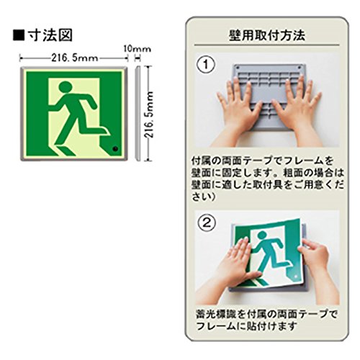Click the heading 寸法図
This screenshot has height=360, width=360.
point(50,35)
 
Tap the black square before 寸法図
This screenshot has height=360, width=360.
point(19,35)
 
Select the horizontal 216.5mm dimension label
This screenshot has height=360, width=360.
point(75,58)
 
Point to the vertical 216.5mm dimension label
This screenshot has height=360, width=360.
point(149,114)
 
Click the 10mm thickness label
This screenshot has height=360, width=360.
point(138,49)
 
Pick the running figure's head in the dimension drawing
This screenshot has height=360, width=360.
point(66,87)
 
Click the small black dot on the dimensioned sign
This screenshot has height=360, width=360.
point(115,149)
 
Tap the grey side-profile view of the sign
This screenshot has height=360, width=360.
point(138,113)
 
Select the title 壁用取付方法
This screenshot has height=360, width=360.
point(267,35)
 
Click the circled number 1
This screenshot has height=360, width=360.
point(206,64)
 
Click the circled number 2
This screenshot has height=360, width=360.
point(207,223)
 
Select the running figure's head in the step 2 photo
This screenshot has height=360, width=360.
point(262,237)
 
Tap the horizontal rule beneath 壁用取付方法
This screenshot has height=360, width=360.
point(267,45)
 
